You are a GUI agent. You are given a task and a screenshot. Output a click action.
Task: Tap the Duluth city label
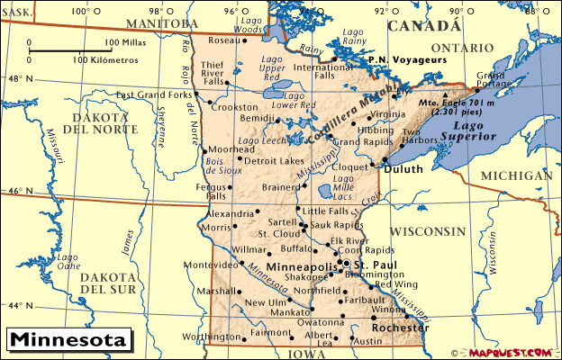[x=403, y=168]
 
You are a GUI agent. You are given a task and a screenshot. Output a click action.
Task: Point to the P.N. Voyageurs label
[x=406, y=60]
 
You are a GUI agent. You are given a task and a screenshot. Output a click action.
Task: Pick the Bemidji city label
[x=258, y=118]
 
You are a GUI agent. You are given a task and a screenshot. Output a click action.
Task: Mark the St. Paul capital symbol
[x=345, y=264]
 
